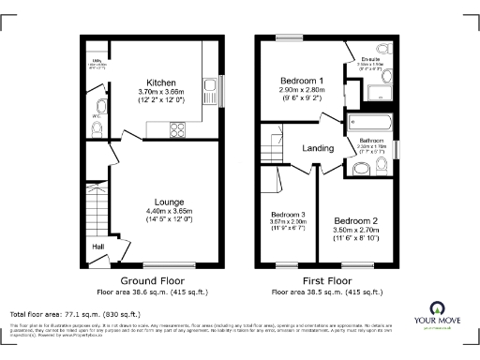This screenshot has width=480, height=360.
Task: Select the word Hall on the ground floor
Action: coord(97,247)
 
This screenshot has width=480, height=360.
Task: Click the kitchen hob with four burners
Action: coord(174,132)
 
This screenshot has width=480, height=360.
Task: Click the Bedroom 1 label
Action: coord(301,82)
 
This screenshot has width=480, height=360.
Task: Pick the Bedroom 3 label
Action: coord(287,213)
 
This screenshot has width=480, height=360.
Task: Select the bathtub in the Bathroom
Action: coord(372,120)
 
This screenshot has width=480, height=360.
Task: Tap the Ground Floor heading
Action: coord(153,280)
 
